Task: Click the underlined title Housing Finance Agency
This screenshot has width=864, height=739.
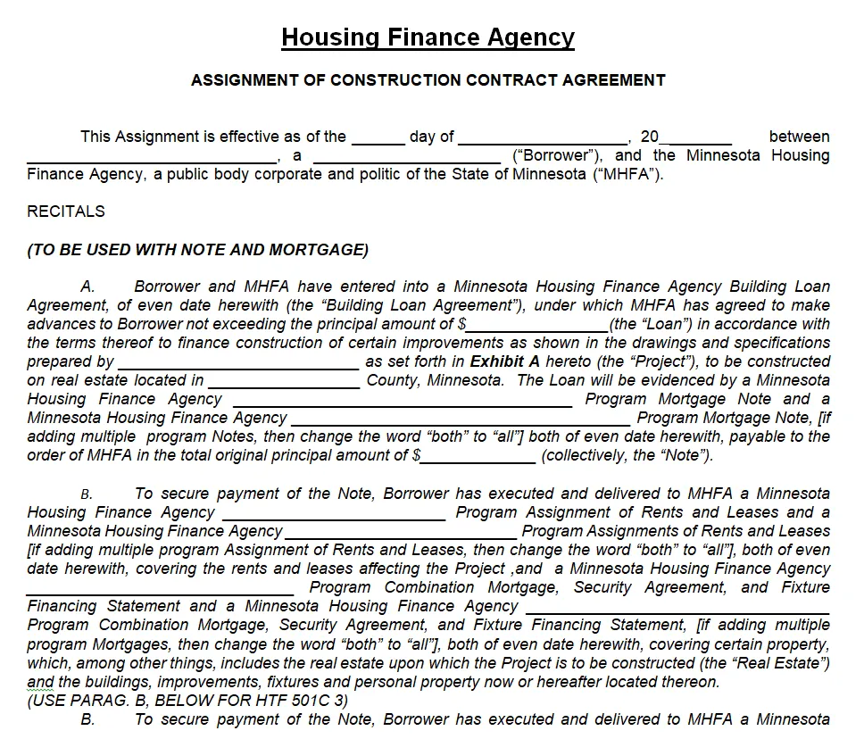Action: (x=428, y=37)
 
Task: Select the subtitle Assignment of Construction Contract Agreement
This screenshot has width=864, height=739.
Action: (x=428, y=80)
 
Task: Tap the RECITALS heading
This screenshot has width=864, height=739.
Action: (x=66, y=212)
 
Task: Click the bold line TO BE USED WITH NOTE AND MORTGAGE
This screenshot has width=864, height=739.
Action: (x=197, y=250)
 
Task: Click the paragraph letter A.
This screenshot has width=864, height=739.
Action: (x=87, y=287)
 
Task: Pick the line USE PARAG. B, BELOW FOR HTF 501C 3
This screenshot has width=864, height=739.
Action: (x=187, y=701)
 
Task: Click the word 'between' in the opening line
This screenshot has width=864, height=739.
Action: (x=799, y=137)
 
